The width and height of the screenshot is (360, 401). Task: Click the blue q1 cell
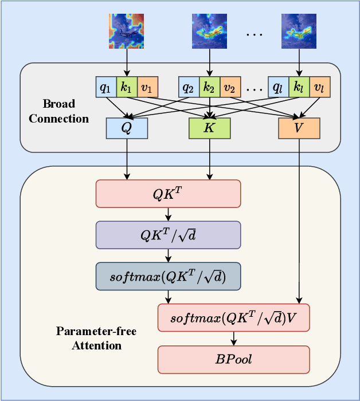[x=105, y=87]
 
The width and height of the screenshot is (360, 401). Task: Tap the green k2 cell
[x=209, y=87]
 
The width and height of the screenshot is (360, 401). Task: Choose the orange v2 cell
[x=230, y=87]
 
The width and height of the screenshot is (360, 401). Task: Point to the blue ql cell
[x=278, y=87]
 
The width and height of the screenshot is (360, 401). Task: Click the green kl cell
[x=299, y=87]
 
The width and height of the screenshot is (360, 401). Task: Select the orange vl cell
[x=319, y=87]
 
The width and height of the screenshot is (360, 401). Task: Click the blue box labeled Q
[x=127, y=128]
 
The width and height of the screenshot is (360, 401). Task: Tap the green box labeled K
[x=209, y=128]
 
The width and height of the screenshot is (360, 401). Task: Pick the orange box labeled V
[x=299, y=128]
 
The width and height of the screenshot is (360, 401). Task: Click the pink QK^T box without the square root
[x=168, y=194]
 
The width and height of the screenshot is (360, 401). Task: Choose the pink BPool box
[x=233, y=360]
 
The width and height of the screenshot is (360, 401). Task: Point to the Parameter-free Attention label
[x=88, y=338]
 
